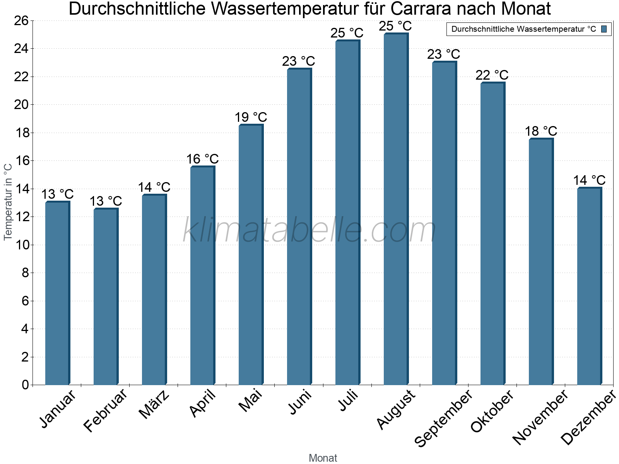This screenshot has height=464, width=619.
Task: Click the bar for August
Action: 396,209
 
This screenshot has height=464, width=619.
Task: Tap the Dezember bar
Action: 589,286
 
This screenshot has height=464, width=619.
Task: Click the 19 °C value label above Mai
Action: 251,117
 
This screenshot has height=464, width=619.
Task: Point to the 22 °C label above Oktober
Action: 492,75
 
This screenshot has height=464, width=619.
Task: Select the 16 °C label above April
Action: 202,159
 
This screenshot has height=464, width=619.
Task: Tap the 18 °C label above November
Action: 541,131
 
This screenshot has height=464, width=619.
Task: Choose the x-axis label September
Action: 443,418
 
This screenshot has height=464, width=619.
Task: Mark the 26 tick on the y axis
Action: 21,20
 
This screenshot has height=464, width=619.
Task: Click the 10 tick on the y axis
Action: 21,245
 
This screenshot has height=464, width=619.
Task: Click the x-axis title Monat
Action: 323,458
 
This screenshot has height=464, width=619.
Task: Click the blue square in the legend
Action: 604,29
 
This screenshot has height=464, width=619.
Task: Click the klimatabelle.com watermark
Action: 309,230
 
